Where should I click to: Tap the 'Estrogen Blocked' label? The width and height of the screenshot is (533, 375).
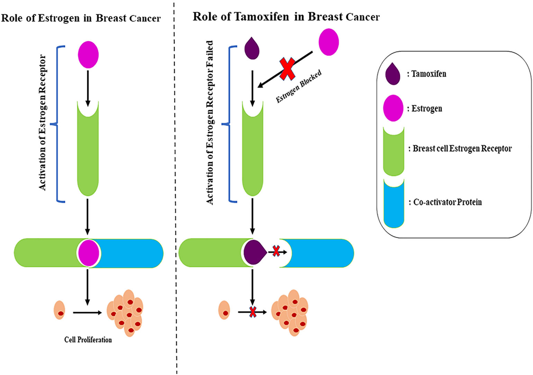pos(299,87)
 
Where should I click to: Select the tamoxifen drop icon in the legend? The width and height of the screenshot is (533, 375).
pos(393,74)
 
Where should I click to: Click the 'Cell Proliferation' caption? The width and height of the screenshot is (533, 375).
pos(88,340)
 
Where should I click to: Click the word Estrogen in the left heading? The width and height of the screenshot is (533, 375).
pos(58,18)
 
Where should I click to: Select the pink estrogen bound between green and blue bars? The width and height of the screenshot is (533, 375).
pos(89,253)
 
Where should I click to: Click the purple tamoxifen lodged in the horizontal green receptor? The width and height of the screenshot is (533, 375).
pos(254,252)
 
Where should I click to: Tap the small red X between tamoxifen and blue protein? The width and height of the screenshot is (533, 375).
pos(276,251)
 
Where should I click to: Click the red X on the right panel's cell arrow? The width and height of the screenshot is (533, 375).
pos(253,312)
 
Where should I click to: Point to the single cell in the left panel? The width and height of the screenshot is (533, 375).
pos(59,310)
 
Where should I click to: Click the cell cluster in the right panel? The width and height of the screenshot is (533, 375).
pos(290,312)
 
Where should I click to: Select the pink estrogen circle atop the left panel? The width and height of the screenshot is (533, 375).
pos(88,55)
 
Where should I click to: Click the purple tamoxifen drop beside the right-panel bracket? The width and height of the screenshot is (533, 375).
pos(252,48)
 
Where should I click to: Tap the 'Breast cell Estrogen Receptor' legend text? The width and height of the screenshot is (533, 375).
pos(462,149)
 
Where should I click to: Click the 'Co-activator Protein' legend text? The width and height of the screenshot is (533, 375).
pos(447,202)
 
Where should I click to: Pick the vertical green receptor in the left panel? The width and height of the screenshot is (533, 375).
pos(88,149)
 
